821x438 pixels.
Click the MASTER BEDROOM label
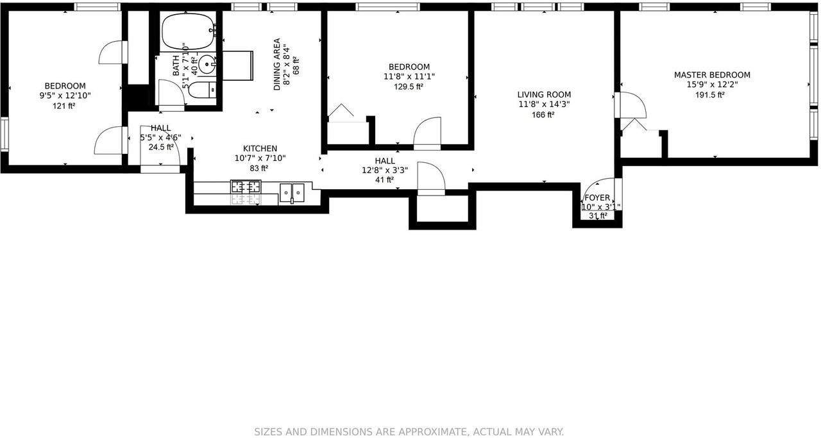(712, 75)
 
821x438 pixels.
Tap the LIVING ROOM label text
(545, 94)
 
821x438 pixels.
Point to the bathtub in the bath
(187, 33)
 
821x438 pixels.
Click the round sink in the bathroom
(207, 64)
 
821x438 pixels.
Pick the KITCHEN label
(260, 148)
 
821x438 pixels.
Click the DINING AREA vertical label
(277, 65)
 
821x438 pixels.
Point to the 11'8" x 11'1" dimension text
(409, 77)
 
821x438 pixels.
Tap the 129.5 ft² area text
(409, 87)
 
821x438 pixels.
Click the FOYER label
(597, 198)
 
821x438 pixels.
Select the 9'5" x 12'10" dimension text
(65, 96)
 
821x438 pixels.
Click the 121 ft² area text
(65, 106)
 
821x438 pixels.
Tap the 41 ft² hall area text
(385, 180)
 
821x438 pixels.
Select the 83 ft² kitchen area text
(259, 169)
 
